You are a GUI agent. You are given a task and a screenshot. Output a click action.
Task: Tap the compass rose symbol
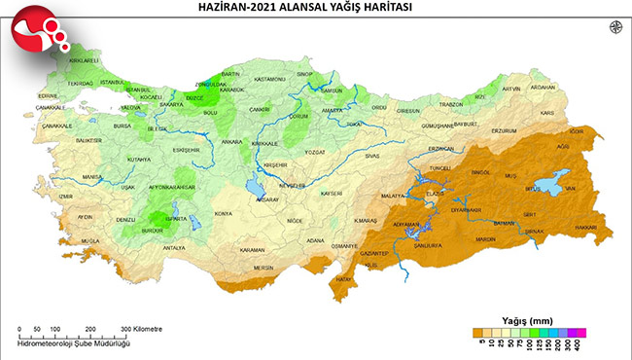tap(614, 28)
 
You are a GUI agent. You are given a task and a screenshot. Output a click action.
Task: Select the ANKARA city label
tap(232, 142)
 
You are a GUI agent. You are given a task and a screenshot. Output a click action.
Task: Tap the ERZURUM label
tap(505, 129)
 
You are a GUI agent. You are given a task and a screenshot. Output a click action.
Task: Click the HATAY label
tap(342, 280)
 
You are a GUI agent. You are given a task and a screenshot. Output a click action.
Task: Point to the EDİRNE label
tap(48, 95)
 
